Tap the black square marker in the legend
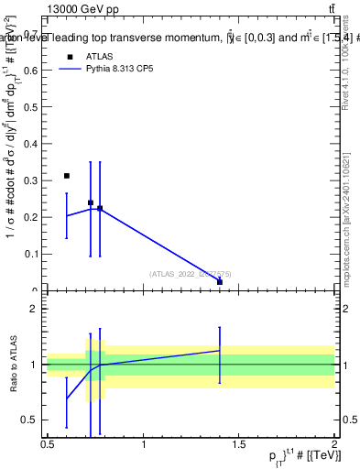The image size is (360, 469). (x=70, y=57)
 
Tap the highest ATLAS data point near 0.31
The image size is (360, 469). (x=67, y=175)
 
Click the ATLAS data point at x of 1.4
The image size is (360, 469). (x=220, y=282)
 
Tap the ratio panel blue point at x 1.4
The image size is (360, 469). (x=220, y=350)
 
